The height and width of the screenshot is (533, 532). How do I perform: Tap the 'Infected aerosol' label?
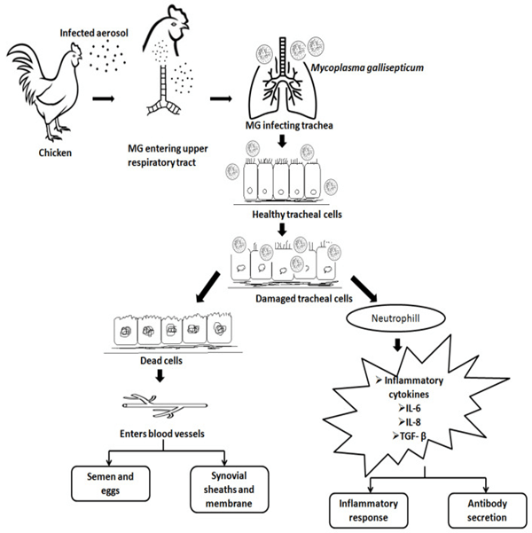coord(95,34)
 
